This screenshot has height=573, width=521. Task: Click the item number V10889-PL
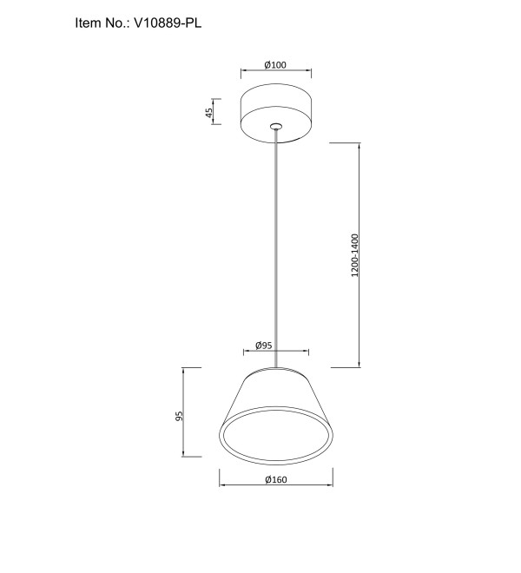168,23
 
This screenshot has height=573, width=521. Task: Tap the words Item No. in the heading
102,23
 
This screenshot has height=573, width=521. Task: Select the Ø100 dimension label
275,65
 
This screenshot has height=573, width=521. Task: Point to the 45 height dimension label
208,112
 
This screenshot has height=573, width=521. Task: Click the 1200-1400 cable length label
354,255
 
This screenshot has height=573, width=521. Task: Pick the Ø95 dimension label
264,346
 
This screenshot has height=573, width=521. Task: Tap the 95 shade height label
179,416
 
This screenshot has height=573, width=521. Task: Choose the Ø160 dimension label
276,479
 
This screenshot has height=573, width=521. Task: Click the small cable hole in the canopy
276,127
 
